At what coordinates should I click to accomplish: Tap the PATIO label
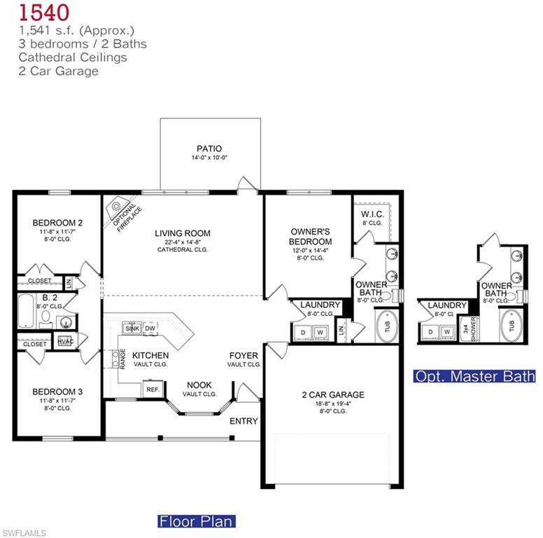pyautogui.click(x=209, y=149)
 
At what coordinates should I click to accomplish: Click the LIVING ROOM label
pyautogui.click(x=183, y=233)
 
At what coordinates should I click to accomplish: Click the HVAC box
pyautogui.click(x=65, y=341)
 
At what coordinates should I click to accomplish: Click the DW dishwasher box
pyautogui.click(x=150, y=328)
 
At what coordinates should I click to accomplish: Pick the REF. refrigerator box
pyautogui.click(x=153, y=389)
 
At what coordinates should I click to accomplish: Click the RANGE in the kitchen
pyautogui.click(x=115, y=359)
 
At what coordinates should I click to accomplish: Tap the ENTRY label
pyautogui.click(x=244, y=421)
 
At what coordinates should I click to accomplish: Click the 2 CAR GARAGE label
pyautogui.click(x=332, y=395)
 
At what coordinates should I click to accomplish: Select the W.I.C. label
pyautogui.click(x=370, y=214)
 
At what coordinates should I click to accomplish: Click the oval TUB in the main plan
pyautogui.click(x=387, y=326)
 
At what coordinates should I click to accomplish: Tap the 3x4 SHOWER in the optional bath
pyautogui.click(x=469, y=329)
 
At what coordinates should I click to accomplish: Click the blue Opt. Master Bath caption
pyautogui.click(x=475, y=376)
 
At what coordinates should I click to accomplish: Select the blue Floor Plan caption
pyautogui.click(x=196, y=521)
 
